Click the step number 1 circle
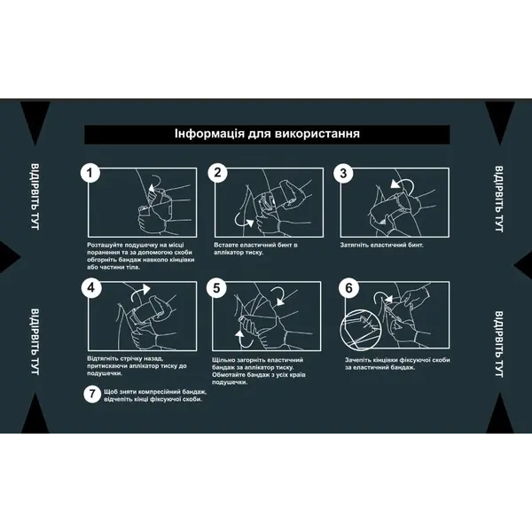tap(90, 174)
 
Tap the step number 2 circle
tap(217, 173)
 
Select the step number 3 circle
tap(343, 174)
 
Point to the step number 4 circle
tap(91, 287)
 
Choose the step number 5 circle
tap(216, 288)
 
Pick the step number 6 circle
tap(348, 288)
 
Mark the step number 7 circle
tap(92, 394)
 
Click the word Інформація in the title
tap(209, 134)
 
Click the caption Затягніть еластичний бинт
tap(381, 245)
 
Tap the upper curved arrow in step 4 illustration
tap(140, 292)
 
